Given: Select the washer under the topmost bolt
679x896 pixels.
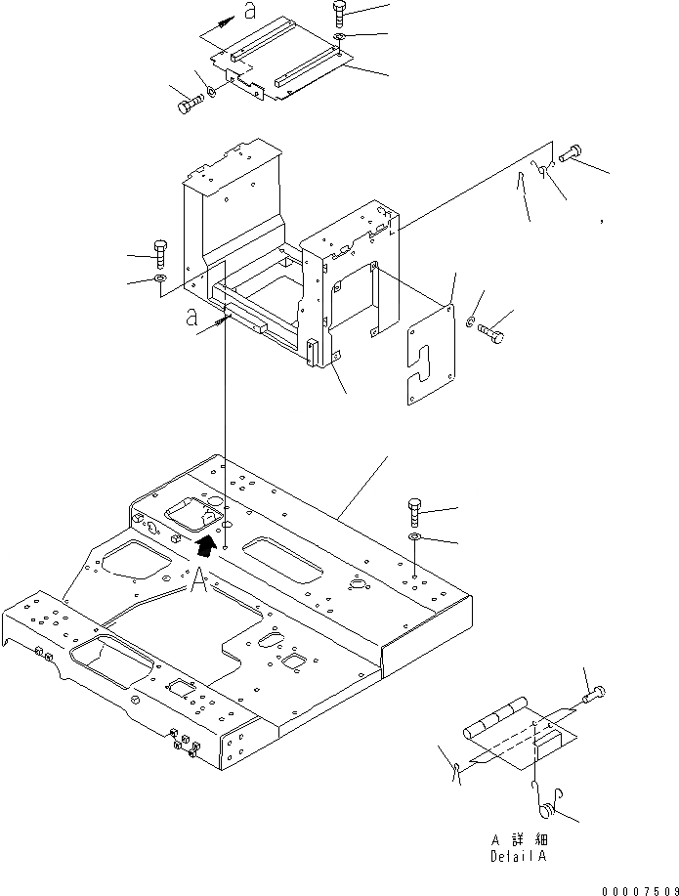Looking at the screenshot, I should point(338,37).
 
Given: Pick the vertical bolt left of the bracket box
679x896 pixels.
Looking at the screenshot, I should point(160,252).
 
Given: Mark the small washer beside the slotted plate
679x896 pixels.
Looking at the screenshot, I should point(472,322).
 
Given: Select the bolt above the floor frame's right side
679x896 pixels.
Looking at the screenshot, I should point(414,511).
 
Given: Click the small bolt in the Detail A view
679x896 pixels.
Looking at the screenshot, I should point(596,694).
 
